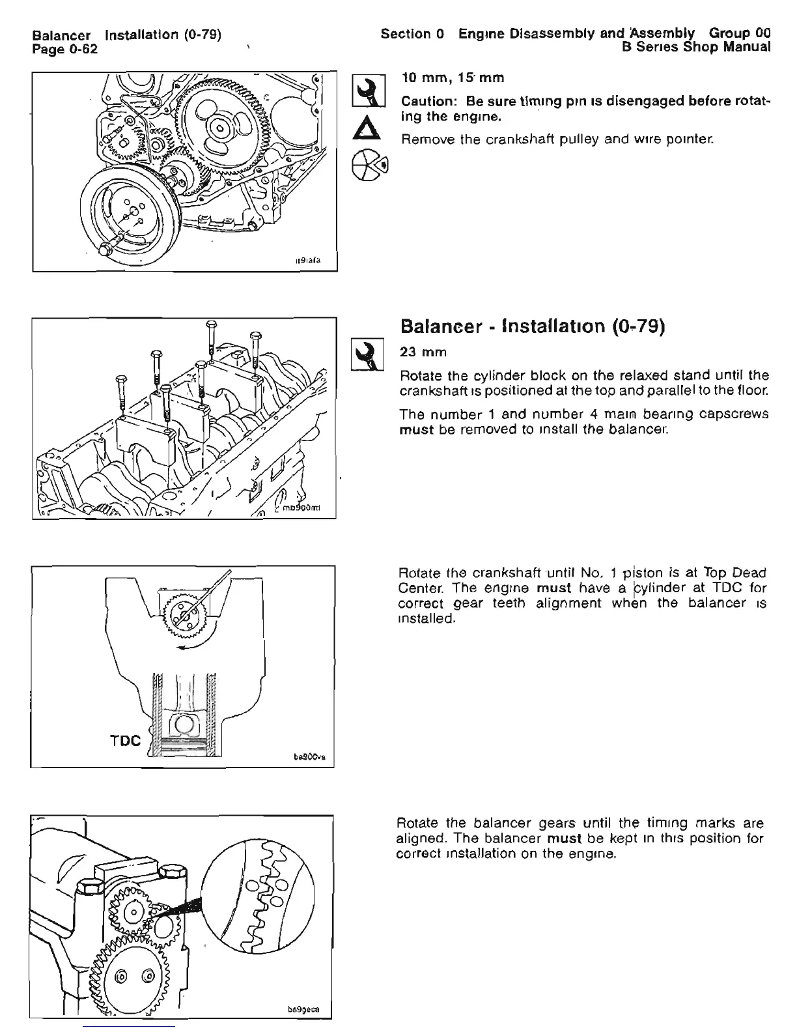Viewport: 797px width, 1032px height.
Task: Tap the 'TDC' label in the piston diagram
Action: click(124, 741)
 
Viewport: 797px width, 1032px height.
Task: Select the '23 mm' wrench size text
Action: click(423, 352)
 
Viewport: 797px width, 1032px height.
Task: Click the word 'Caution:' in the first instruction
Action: click(427, 102)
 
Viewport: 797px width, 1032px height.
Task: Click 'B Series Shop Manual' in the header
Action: click(696, 47)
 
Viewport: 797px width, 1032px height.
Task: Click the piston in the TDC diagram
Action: click(184, 731)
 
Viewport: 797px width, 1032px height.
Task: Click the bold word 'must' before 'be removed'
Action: click(416, 430)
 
